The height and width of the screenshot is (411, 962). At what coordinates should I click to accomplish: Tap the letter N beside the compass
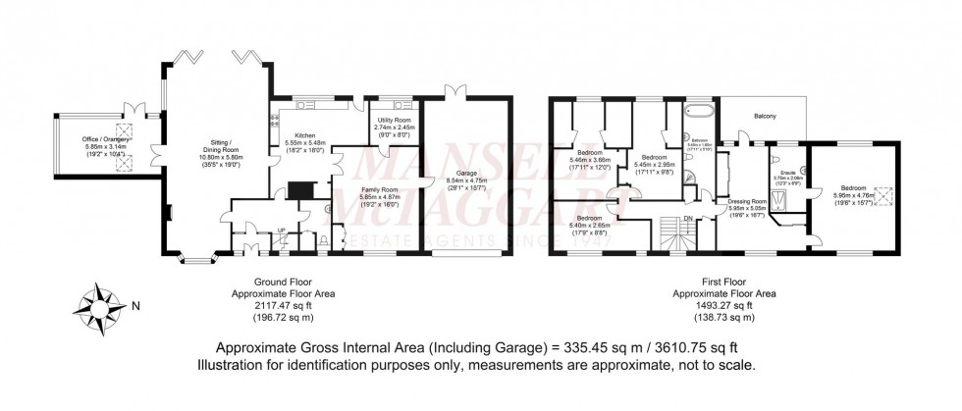point(136,305)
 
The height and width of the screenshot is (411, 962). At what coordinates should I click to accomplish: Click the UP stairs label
point(283,231)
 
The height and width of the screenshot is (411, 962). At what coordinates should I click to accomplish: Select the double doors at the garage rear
point(454,92)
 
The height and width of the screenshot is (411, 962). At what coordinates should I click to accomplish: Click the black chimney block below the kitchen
point(303,190)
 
